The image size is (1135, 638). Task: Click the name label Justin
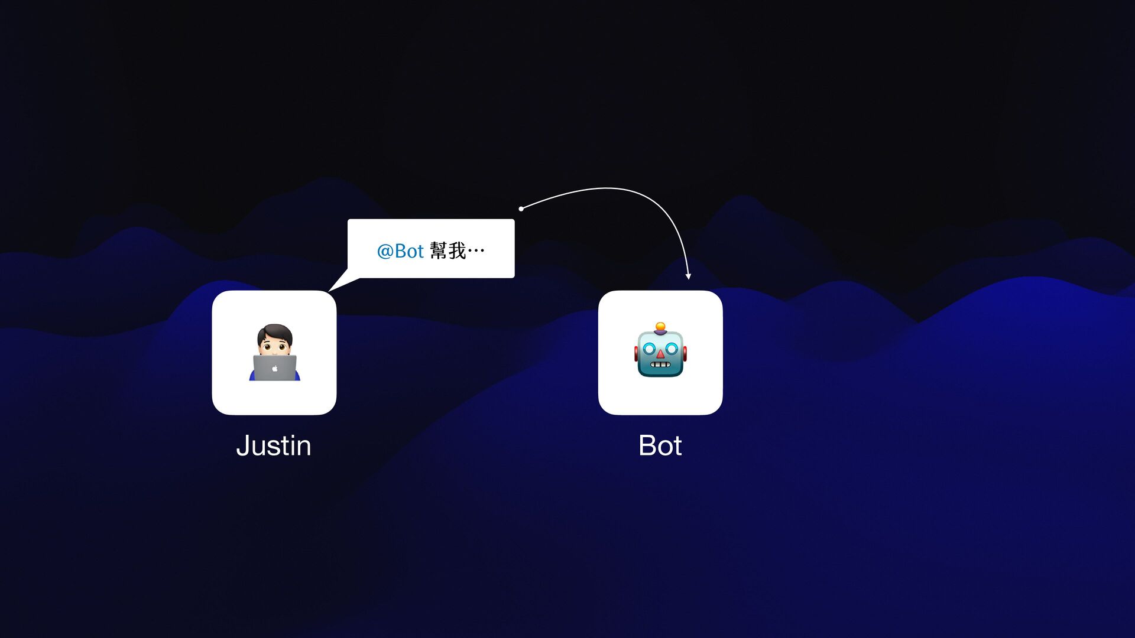pos(274,446)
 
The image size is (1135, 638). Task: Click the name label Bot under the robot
pos(660,446)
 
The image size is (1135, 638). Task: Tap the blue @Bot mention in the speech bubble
pos(400,251)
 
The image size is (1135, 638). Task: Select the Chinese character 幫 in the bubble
pos(439,251)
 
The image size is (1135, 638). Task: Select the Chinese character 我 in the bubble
pos(457,251)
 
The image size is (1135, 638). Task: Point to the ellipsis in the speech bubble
pos(476,251)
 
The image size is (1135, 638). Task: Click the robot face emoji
pos(660,351)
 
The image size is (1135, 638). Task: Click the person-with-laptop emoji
pos(274,352)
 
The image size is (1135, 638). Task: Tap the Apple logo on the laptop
pos(275,369)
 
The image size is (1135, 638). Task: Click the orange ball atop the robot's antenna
pos(660,326)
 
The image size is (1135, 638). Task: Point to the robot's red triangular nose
pos(660,354)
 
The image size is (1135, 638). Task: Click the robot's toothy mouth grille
pos(660,364)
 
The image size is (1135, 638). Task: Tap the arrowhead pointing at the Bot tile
pos(688,276)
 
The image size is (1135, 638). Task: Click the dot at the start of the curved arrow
pos(521,209)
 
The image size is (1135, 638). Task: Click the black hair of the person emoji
pos(274,330)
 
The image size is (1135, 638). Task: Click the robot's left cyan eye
pos(649,349)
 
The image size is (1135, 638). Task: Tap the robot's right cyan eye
pos(671,349)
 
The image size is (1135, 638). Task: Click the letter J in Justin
pos(242,446)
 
